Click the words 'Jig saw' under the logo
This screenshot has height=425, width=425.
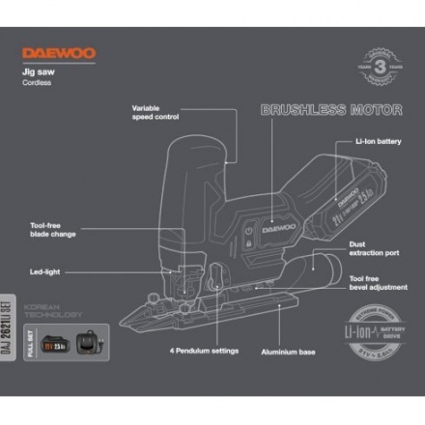click(40, 71)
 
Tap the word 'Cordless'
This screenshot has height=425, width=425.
click(40, 84)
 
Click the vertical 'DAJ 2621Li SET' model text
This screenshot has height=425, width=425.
click(12, 318)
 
